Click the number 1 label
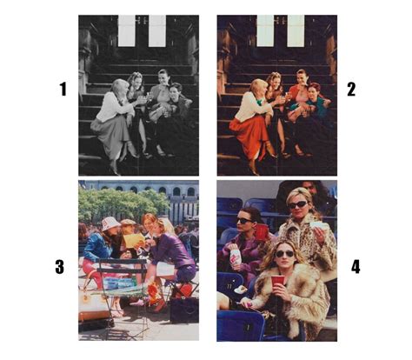coord(63,89)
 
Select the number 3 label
coord(59,267)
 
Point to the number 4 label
coord(356,267)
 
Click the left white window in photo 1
coord(127,30)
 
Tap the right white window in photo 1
coord(157,30)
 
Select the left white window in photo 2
coord(265,30)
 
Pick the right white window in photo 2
coord(296,30)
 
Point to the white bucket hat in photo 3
coord(110,223)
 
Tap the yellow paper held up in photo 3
coord(134,240)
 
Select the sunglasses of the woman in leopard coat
coord(298,204)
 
